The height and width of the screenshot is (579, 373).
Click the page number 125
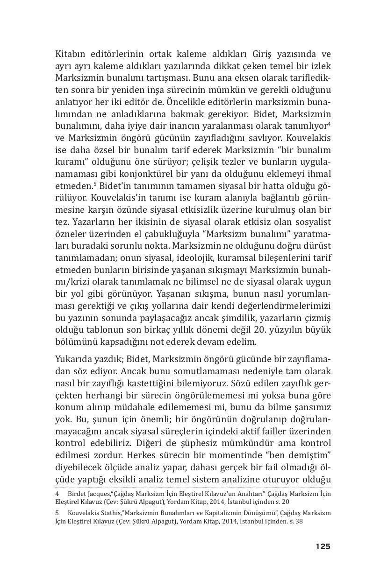(x=323, y=546)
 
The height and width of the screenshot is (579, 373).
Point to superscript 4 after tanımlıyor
(x=329, y=123)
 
